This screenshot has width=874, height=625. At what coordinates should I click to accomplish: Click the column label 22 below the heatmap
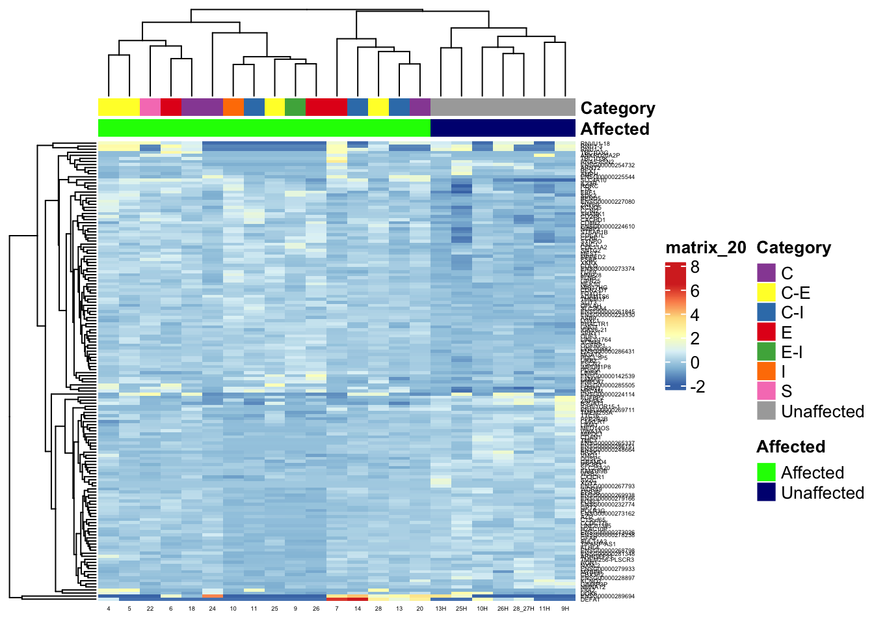point(150,609)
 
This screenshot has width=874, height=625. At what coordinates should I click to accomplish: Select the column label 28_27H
point(523,609)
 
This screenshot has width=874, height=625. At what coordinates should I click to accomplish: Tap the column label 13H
point(441,609)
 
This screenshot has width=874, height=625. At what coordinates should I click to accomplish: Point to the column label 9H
point(565,609)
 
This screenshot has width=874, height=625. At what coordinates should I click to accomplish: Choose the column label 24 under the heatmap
point(213,609)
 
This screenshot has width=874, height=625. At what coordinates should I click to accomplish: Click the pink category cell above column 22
point(150,107)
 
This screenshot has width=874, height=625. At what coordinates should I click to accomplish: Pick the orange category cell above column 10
point(233,107)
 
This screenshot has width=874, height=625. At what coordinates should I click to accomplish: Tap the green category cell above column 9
point(295,107)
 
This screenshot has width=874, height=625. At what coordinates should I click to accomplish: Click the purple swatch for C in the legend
point(767,273)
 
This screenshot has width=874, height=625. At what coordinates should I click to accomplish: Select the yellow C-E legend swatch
point(767,292)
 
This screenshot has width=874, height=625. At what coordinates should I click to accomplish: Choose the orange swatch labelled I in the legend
point(767,371)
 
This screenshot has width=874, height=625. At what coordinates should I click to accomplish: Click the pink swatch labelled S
point(767,391)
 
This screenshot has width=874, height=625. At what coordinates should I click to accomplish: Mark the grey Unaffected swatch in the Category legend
point(767,411)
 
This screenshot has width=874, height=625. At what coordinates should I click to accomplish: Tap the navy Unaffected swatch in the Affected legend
point(767,492)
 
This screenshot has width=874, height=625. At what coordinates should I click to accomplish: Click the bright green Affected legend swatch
point(767,472)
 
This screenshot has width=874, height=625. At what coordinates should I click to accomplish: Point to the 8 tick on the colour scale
point(695,267)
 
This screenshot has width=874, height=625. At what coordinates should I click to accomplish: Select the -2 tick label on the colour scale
point(697,387)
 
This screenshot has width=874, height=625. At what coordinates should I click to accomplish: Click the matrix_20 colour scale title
point(706,247)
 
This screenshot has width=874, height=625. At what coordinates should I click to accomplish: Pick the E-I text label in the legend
point(791,352)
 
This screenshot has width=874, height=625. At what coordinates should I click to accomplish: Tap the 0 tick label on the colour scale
point(695,363)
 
